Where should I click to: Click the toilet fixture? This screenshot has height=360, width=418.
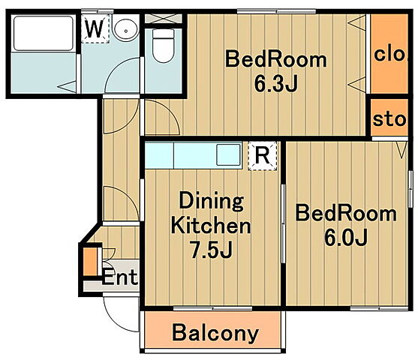[x=163, y=46]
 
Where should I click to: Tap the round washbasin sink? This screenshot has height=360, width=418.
[x=125, y=31]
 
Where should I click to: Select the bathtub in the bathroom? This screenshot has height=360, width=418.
[x=44, y=33]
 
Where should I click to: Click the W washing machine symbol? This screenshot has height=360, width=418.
[x=95, y=28]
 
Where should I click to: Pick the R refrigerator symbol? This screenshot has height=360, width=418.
[x=263, y=156]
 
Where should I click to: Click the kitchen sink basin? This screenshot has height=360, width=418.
[x=228, y=154]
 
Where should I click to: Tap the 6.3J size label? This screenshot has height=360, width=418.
[x=275, y=83]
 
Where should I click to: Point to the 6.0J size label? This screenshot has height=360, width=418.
[x=346, y=237]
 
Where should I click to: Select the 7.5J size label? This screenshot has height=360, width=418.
[x=212, y=250]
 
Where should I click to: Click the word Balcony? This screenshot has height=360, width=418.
[x=215, y=333]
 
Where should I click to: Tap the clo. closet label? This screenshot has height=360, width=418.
[x=390, y=55]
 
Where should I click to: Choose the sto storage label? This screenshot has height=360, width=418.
[x=389, y=119]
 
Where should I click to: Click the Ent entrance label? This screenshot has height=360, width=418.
[x=119, y=277]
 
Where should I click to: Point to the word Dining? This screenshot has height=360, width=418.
[x=211, y=202]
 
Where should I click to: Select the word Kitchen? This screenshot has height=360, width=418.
[x=211, y=226]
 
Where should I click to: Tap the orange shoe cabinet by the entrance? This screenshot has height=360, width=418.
[x=90, y=262]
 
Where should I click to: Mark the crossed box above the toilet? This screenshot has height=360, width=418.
[x=163, y=19]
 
